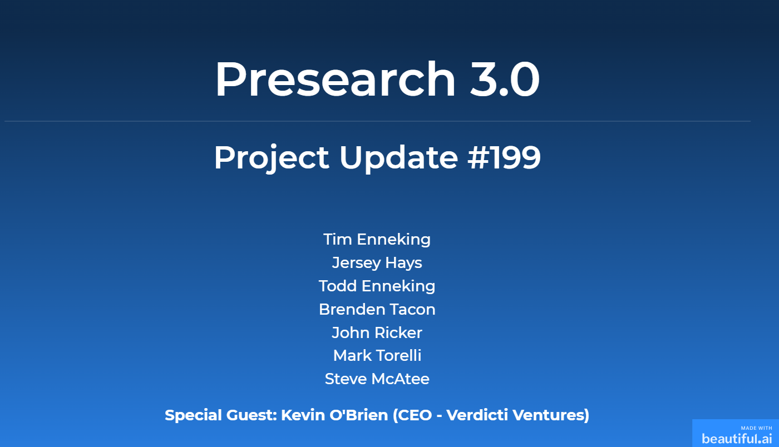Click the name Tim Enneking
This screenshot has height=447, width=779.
(377, 240)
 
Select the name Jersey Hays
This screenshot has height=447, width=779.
(377, 263)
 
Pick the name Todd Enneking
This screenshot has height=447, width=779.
(377, 286)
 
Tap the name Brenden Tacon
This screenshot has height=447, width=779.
(377, 310)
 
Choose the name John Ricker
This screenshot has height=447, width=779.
(377, 333)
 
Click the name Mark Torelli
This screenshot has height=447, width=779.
(377, 356)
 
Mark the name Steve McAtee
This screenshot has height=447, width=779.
(377, 379)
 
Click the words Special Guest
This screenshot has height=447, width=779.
(220, 415)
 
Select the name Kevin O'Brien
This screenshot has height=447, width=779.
(334, 415)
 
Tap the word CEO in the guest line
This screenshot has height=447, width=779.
(412, 415)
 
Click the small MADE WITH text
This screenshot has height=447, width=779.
(756, 428)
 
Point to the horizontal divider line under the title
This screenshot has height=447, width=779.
(377, 121)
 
